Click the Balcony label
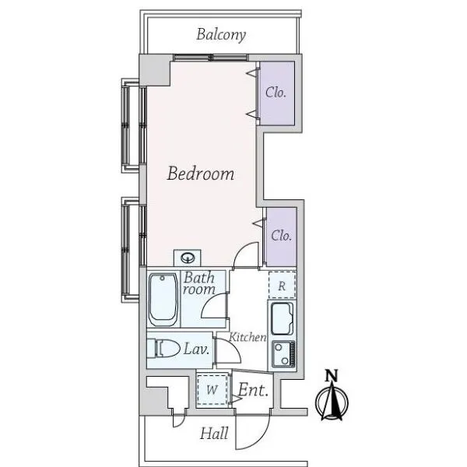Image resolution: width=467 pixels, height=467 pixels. click(x=221, y=35)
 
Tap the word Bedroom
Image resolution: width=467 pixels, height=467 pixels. click(x=201, y=173)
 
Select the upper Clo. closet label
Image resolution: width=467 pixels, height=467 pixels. click(x=276, y=93)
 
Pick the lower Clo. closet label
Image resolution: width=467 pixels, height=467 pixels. click(x=282, y=235)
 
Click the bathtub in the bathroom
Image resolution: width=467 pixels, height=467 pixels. click(x=163, y=300)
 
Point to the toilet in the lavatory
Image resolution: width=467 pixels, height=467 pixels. click(x=167, y=349)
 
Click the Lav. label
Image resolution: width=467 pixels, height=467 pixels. click(x=195, y=349)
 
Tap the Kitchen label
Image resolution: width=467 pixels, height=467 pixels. click(x=248, y=337)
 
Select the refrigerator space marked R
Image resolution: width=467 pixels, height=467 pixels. click(x=282, y=286)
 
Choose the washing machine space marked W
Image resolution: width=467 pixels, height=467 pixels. click(x=212, y=390)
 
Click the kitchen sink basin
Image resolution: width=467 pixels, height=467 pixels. click(x=282, y=318)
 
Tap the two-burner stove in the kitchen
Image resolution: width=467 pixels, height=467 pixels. click(x=283, y=354)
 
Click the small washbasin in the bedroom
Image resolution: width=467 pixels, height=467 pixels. click(x=188, y=258)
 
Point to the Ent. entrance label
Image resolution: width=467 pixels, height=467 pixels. click(x=254, y=390)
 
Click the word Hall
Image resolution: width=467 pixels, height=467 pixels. click(x=214, y=434)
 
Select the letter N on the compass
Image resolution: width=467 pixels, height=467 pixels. click(x=332, y=376)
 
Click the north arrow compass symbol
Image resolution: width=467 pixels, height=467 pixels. click(x=332, y=401)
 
